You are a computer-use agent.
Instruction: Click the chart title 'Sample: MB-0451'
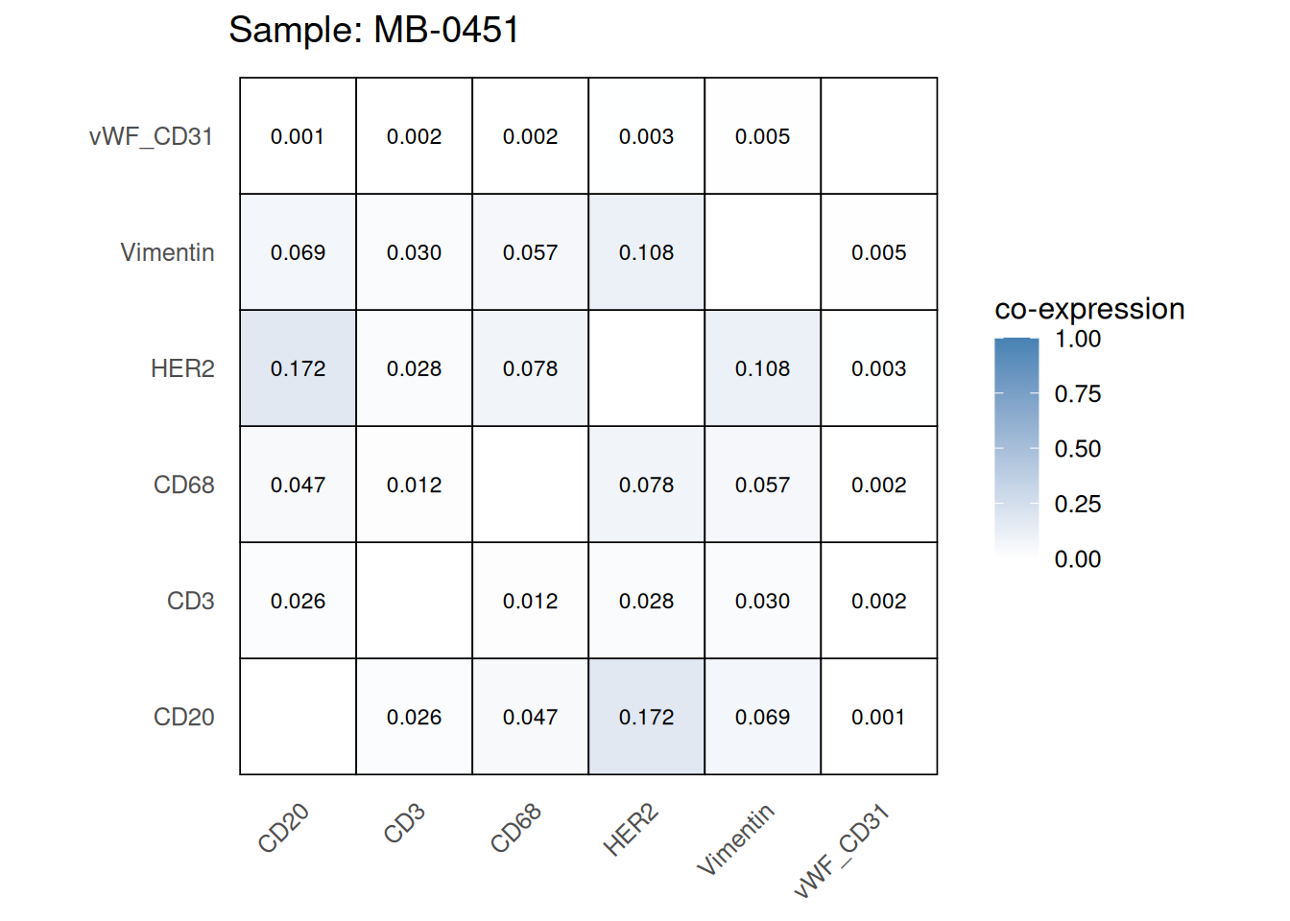point(373,30)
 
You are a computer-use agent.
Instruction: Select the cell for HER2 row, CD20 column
point(298,368)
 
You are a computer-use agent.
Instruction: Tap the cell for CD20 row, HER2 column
point(646,717)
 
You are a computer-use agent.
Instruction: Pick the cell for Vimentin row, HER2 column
point(646,252)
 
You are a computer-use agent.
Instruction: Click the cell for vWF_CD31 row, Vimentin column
point(762,136)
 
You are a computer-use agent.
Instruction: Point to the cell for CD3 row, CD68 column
point(530,601)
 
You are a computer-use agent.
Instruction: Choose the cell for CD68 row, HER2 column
point(646,484)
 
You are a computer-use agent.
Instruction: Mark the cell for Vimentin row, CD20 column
point(298,252)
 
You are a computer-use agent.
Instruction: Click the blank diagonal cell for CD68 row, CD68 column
point(530,484)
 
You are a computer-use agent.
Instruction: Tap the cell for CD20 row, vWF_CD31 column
point(878,717)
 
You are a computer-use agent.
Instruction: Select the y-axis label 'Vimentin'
point(167,252)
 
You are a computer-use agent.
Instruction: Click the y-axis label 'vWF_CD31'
point(151,136)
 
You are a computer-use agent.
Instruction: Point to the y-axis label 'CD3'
point(190,601)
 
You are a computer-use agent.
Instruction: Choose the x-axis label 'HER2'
point(631,831)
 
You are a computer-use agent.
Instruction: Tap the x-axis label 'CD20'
point(284,828)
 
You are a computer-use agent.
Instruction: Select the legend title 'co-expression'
point(1089,309)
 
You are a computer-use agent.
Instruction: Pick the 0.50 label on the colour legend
point(1077,449)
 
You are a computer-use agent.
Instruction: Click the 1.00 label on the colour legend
point(1077,339)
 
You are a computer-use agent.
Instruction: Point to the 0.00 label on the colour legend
point(1077,559)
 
